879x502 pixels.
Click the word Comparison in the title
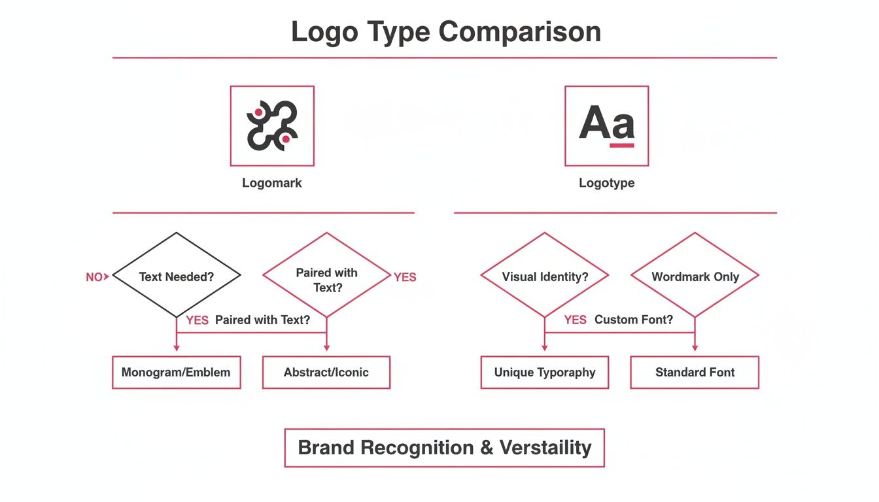[x=520, y=31]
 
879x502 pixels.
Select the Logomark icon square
[x=272, y=125]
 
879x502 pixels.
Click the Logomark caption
[x=272, y=183]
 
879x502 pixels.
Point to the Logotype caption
[x=606, y=183]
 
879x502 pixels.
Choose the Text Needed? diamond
[x=177, y=276]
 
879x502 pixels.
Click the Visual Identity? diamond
[x=545, y=276]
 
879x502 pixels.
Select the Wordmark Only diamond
[x=695, y=276]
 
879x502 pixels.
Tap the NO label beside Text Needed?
[x=94, y=277]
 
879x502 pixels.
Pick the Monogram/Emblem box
[x=177, y=373]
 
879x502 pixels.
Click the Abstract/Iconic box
[x=326, y=373]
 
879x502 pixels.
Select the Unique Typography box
[x=545, y=373]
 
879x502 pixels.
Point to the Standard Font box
[x=695, y=373]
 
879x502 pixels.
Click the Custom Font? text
[x=633, y=320]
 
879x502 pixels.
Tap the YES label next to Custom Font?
[x=576, y=320]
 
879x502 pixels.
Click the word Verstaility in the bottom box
[x=545, y=448]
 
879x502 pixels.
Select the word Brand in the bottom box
[x=326, y=448]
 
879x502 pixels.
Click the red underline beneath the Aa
[x=622, y=145]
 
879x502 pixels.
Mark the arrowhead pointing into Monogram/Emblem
[x=177, y=348]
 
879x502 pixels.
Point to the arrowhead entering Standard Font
[x=695, y=348]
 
